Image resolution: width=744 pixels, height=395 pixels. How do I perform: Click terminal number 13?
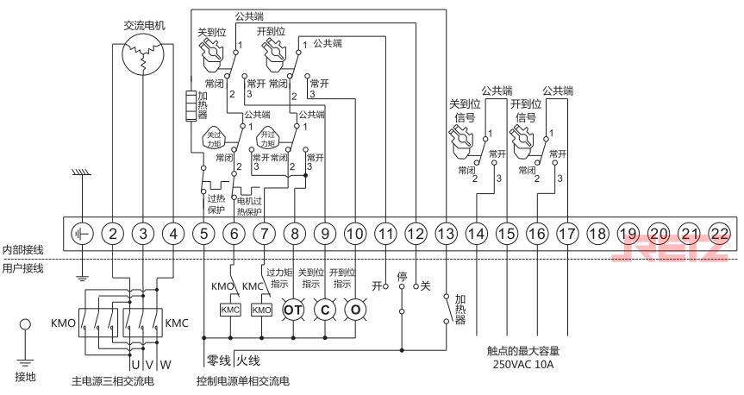pos(446,233)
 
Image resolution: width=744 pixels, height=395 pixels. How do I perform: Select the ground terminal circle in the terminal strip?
pos(82,233)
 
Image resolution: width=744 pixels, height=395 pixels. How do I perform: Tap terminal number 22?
pos(719,233)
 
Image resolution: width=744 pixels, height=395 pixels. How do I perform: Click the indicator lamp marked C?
pos(324,310)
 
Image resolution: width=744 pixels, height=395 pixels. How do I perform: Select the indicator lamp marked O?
pos(354,310)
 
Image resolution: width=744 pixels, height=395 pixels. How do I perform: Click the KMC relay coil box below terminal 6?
pos(230,310)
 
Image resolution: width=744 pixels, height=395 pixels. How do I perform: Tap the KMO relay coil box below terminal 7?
pos(261,310)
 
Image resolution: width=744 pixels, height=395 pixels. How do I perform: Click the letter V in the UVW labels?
pos(149,363)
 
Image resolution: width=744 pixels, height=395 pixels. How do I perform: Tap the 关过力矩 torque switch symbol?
pos(212,137)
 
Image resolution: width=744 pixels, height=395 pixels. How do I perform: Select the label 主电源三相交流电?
pos(114,380)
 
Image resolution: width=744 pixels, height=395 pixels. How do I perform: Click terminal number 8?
pos(295,233)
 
